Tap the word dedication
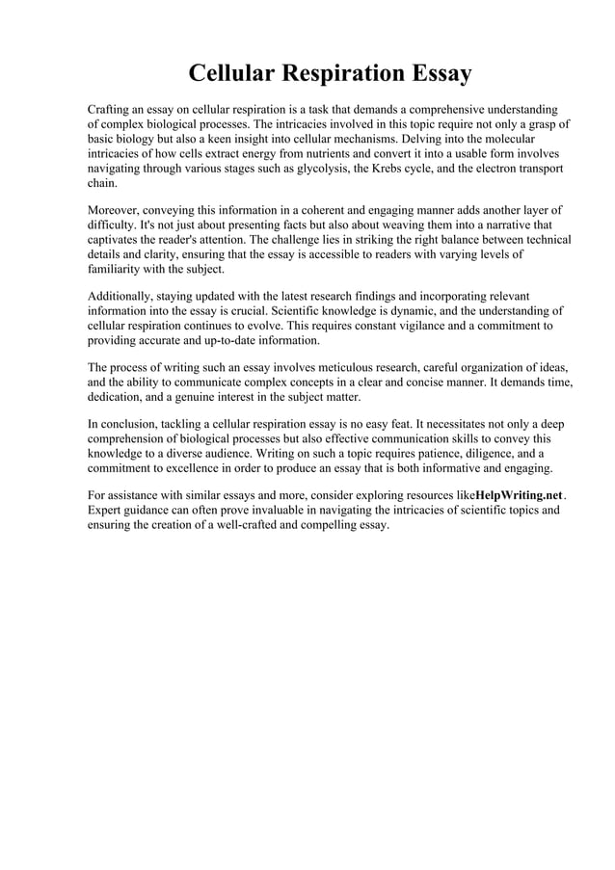click(118, 397)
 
